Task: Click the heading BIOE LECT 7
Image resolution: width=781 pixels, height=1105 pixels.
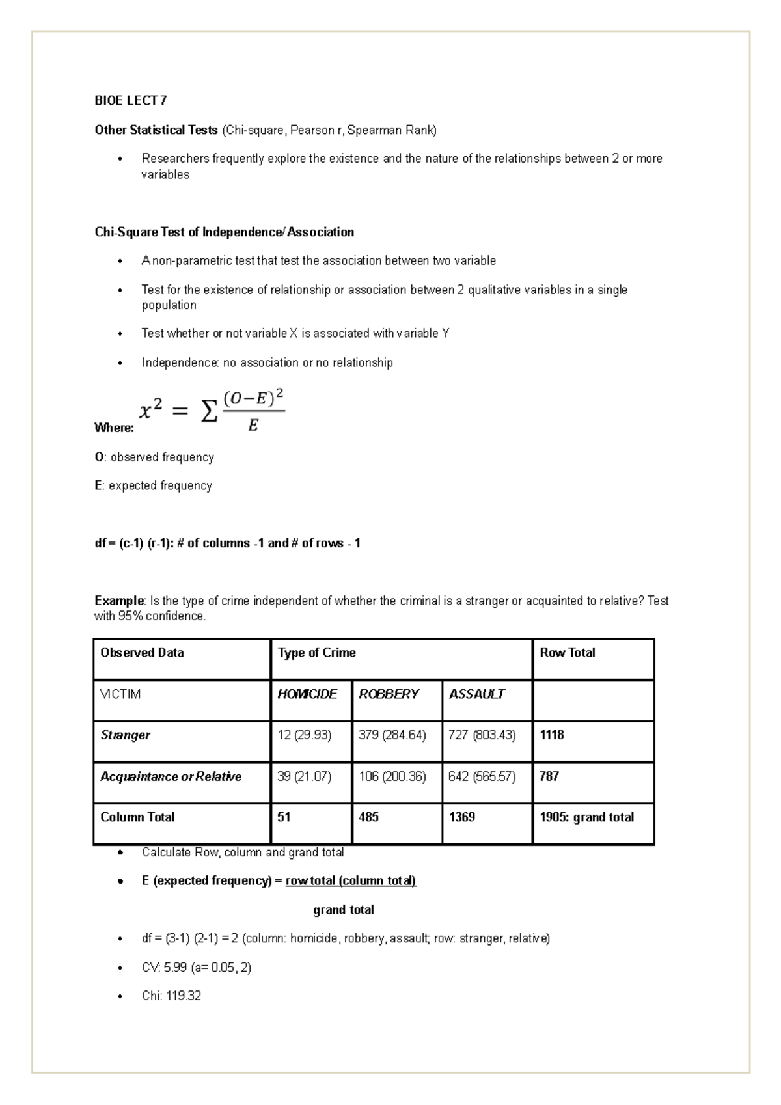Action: click(130, 100)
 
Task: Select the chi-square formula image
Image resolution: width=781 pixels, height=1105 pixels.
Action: click(212, 411)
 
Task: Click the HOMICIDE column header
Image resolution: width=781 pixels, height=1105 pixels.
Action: click(307, 694)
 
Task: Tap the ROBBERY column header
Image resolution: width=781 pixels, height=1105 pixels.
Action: click(389, 694)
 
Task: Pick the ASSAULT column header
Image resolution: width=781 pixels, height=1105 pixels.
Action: click(476, 694)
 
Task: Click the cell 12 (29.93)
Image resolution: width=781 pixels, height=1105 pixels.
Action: click(304, 735)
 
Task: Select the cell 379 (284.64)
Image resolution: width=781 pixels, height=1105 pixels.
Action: click(392, 735)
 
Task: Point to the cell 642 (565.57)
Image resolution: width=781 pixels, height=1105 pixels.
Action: click(482, 776)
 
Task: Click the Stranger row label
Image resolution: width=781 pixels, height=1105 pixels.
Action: click(126, 735)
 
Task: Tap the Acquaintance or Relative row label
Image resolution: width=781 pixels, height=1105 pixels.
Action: click(171, 776)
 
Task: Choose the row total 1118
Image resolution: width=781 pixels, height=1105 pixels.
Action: click(552, 735)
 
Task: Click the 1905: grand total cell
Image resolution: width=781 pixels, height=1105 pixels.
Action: click(586, 817)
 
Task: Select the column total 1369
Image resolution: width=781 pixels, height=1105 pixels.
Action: click(462, 817)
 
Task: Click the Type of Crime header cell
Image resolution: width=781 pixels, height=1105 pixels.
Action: click(317, 653)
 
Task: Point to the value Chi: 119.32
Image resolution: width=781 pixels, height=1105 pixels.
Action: click(171, 996)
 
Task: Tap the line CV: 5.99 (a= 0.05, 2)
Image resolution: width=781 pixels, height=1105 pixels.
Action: click(196, 968)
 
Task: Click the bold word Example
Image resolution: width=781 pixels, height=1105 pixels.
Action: click(118, 601)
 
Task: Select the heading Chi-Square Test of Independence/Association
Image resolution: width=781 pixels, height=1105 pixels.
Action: click(225, 232)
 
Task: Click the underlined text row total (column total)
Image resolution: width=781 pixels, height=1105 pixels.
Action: click(351, 880)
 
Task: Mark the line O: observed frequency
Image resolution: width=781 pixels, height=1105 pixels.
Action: click(154, 457)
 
